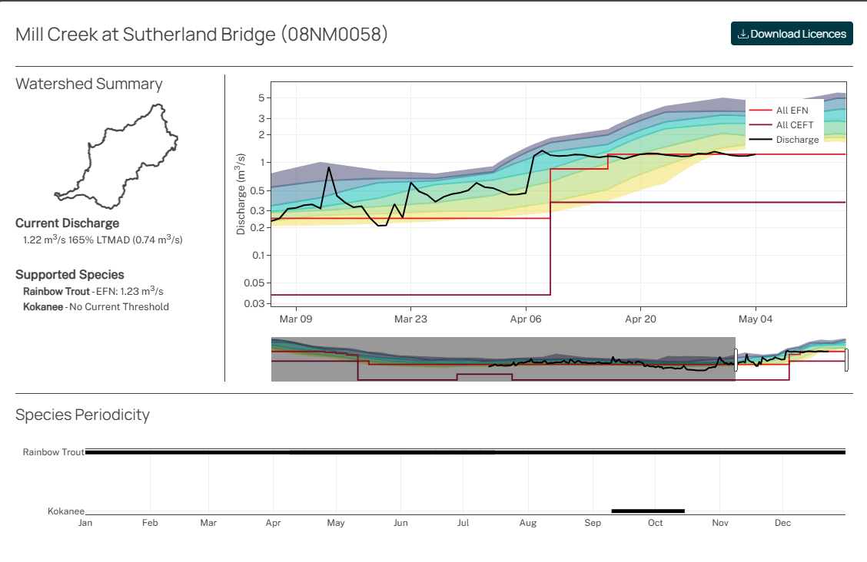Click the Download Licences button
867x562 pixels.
pos(792,34)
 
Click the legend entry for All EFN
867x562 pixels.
pos(792,111)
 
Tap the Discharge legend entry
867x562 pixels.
pos(797,140)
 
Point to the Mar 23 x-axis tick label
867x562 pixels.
pos(410,319)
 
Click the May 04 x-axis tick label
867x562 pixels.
pos(756,319)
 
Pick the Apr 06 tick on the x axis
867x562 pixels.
pos(526,319)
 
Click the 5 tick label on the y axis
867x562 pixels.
pos(261,98)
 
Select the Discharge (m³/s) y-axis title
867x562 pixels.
pos(241,193)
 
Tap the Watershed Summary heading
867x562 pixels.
pos(89,84)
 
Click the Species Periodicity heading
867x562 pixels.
pos(82,415)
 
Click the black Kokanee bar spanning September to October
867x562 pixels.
pos(647,511)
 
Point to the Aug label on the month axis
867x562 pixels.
pos(527,523)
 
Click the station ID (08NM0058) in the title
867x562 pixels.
pos(334,35)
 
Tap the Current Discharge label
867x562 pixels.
pos(68,223)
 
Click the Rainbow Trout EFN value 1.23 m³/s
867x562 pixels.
pos(146,292)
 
